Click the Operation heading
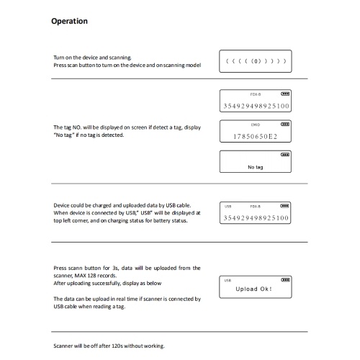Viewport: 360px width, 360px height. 69,22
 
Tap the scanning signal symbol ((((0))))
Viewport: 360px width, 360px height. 256,61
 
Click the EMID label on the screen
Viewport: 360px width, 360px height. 256,125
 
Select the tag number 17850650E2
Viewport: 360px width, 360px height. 256,137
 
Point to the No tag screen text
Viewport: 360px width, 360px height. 256,167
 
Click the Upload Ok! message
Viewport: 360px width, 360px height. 253,289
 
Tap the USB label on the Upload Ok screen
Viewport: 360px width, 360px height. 228,280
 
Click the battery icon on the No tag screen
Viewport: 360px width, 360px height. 285,155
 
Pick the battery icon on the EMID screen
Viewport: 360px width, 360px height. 285,124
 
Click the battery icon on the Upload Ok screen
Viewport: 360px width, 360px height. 285,280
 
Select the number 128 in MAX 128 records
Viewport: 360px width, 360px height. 91,276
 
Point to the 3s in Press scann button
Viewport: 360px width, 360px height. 115,268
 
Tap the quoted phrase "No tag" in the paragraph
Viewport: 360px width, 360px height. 64,135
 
